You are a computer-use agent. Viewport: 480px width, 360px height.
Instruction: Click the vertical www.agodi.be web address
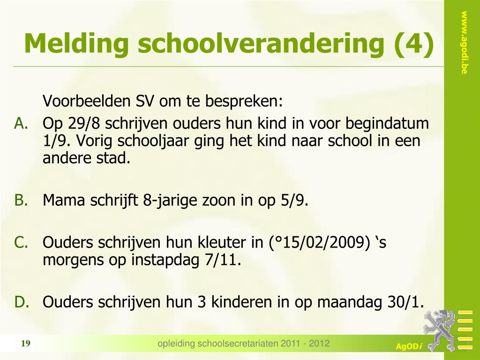[x=464, y=43]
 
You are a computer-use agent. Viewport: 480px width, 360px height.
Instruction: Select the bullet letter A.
[x=22, y=123]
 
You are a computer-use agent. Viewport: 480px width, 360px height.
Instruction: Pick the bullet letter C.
[x=22, y=242]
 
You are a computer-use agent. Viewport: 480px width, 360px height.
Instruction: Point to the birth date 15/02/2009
[x=322, y=242]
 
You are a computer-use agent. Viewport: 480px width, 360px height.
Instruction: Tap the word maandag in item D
[x=350, y=302]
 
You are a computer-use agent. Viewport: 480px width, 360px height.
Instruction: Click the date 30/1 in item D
[x=405, y=302]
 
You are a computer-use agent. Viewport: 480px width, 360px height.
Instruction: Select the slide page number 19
[x=26, y=344]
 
